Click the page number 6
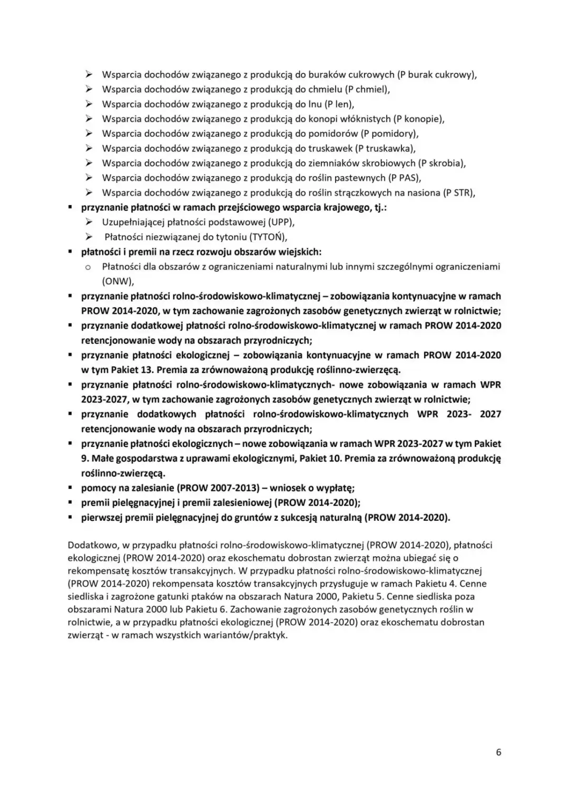(x=498, y=752)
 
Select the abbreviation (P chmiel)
(x=367, y=89)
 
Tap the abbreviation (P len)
(x=338, y=104)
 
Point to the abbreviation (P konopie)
(x=418, y=119)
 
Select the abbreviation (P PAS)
(x=404, y=178)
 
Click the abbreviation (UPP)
(x=281, y=222)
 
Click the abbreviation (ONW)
(x=117, y=281)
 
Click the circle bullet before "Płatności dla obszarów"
(x=89, y=267)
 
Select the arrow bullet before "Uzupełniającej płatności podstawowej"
(x=89, y=222)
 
